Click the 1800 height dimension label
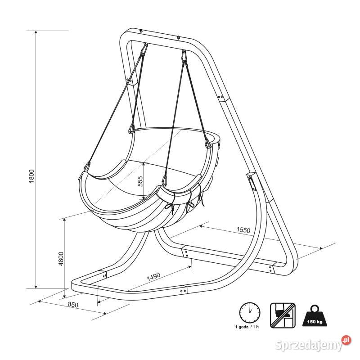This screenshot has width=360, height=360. [x=32, y=176]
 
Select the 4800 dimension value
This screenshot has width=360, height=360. [x=61, y=259]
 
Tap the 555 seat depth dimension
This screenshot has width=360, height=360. [x=140, y=181]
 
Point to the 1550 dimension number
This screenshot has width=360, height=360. [x=243, y=229]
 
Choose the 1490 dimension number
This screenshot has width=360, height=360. [x=153, y=277]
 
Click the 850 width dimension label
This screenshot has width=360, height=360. [x=73, y=305]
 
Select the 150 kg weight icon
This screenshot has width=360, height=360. [x=315, y=315]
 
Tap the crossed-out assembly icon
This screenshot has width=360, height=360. [x=283, y=315]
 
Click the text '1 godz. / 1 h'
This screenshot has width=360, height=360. [x=247, y=327]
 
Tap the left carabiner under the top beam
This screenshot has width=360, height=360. [x=144, y=49]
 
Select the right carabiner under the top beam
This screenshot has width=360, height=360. [x=184, y=56]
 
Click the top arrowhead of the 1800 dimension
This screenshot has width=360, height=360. [x=36, y=32]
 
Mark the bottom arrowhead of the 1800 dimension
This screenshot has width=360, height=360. [x=36, y=287]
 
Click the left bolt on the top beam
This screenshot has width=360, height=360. [x=141, y=31]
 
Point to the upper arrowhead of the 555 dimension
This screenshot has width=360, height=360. [x=144, y=164]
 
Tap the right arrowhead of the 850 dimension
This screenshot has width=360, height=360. [x=105, y=313]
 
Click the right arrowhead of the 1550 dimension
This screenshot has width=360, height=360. [x=321, y=248]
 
